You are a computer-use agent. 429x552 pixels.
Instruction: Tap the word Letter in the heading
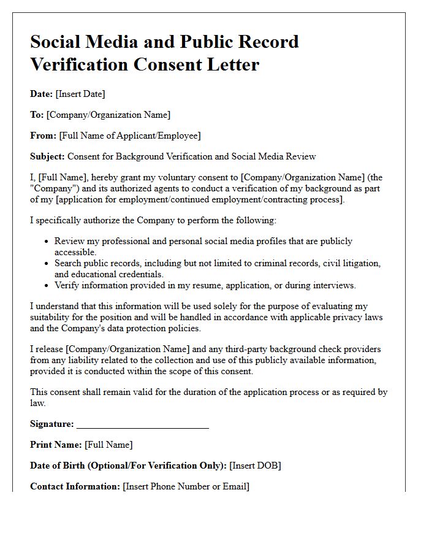[229, 64]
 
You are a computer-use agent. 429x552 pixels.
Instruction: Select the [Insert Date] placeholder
[80, 94]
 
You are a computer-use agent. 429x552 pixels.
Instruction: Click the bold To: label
[37, 115]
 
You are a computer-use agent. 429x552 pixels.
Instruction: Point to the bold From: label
[43, 136]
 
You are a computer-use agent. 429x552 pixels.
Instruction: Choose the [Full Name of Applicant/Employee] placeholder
[129, 136]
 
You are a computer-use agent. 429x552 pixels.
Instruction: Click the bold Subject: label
[47, 156]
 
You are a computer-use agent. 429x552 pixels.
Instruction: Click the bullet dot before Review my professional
[46, 242]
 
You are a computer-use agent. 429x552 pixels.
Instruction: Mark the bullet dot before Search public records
[46, 263]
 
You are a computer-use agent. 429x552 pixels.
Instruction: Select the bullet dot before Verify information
[46, 285]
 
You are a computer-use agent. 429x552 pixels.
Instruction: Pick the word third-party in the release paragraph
[219, 349]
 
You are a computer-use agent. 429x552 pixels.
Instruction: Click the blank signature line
[143, 424]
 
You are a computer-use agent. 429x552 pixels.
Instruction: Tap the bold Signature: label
[51, 424]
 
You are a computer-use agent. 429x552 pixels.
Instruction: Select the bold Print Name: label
[56, 445]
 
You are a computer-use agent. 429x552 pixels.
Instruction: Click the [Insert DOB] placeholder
[255, 466]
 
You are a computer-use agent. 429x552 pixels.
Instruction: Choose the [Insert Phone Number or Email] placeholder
[186, 486]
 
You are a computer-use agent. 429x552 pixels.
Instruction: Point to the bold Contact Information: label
[75, 486]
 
